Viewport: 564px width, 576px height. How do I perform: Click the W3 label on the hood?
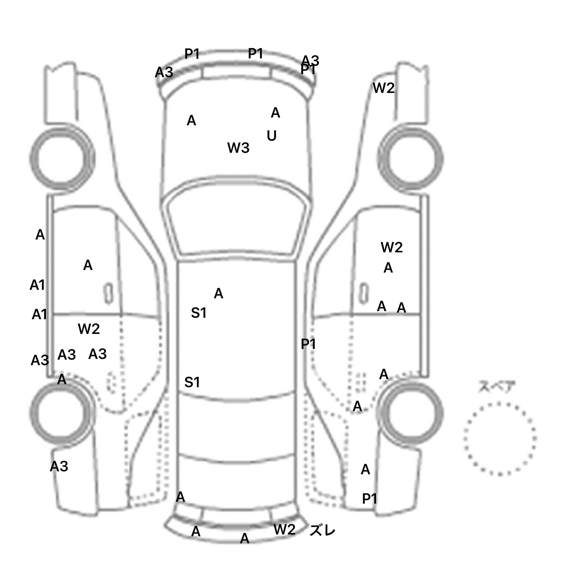[238, 148]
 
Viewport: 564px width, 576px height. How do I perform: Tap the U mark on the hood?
[272, 136]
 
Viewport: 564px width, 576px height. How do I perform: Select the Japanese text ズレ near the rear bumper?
[322, 531]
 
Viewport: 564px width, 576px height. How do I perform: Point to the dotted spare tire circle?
[500, 439]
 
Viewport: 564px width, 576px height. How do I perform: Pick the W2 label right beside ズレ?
[285, 529]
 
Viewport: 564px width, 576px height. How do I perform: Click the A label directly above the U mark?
[275, 113]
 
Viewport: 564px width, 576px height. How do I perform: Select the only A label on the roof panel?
[218, 294]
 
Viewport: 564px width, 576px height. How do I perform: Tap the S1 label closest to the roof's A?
[199, 313]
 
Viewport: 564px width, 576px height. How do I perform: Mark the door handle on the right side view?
[364, 293]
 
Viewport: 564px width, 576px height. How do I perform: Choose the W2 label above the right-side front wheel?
[384, 88]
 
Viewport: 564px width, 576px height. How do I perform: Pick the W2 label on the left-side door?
[89, 329]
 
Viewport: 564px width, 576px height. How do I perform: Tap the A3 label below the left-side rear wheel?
[59, 467]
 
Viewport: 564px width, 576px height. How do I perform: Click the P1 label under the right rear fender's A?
[370, 498]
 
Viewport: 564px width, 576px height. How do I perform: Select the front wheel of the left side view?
[61, 159]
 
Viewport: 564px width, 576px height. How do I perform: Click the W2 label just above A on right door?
[392, 248]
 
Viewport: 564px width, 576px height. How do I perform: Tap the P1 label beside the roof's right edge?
[308, 344]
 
